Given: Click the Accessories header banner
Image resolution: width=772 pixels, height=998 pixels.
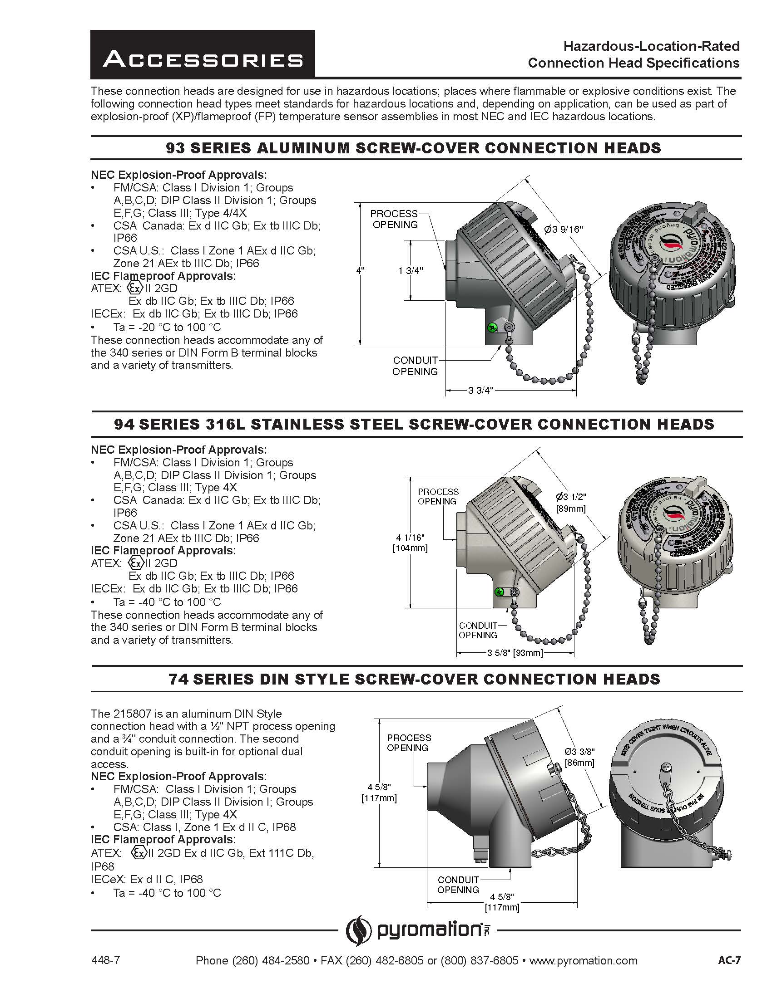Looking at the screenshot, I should pyautogui.click(x=203, y=54).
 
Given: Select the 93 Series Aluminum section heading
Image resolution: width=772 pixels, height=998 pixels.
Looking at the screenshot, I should pyautogui.click(x=413, y=148).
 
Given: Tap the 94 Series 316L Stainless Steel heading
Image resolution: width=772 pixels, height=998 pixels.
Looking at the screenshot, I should pyautogui.click(x=414, y=424).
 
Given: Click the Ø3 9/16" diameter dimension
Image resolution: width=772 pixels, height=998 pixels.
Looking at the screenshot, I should pyautogui.click(x=564, y=230).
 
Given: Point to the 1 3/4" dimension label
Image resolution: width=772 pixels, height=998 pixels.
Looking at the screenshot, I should pyautogui.click(x=411, y=270).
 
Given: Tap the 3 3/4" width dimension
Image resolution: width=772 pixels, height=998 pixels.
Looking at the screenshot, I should pyautogui.click(x=480, y=391).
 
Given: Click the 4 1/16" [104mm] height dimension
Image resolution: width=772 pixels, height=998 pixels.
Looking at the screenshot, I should pyautogui.click(x=410, y=543).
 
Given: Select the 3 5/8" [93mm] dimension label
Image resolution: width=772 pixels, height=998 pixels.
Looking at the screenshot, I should pyautogui.click(x=515, y=653).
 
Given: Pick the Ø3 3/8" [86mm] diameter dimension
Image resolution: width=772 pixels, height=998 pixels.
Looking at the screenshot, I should pyautogui.click(x=579, y=757).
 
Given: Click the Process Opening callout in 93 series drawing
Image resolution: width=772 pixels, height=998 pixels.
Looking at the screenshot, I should pyautogui.click(x=394, y=219).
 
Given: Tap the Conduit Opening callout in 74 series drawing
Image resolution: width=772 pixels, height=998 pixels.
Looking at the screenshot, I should pyautogui.click(x=458, y=885).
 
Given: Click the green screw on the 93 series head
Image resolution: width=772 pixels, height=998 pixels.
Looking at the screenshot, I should pyautogui.click(x=492, y=327).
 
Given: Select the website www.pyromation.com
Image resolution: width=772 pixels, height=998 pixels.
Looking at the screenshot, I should pyautogui.click(x=583, y=960).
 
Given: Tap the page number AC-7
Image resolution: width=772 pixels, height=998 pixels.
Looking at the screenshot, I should pyautogui.click(x=729, y=960).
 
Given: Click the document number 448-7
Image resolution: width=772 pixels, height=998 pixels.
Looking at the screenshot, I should pyautogui.click(x=106, y=960).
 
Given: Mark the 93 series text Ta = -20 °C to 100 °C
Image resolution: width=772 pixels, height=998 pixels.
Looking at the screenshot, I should pyautogui.click(x=167, y=327).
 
